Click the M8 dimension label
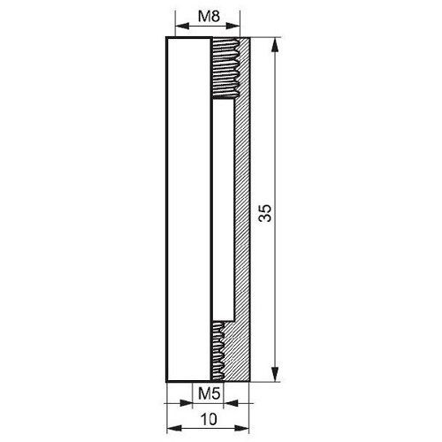tap(209, 17)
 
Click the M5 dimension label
tap(209, 393)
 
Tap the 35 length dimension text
tap(264, 213)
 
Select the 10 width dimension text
tap(209, 419)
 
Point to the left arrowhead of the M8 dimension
tap(182, 26)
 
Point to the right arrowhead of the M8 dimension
tap(233, 26)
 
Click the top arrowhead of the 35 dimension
tap(275, 45)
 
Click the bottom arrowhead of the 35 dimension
tap(275, 374)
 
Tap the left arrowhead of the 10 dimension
tap(173, 428)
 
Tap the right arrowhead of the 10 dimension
tap(242, 428)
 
